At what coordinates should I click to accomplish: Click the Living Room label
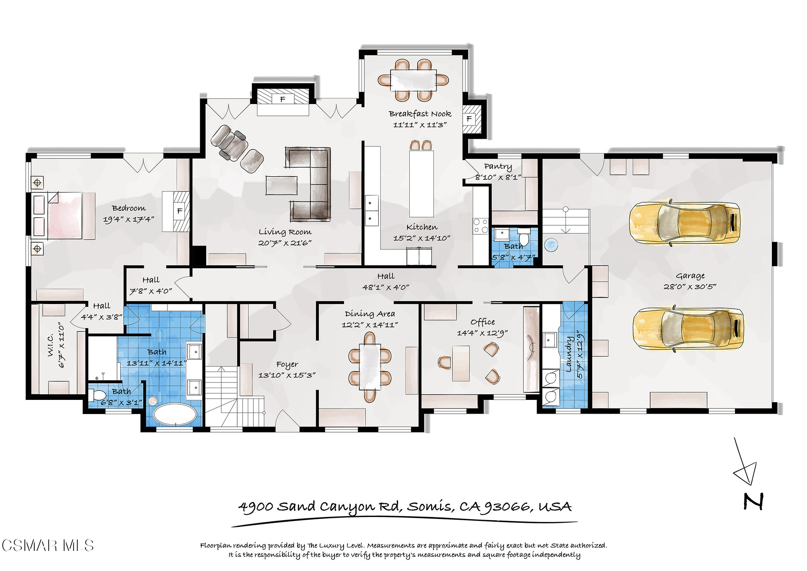point(285,232)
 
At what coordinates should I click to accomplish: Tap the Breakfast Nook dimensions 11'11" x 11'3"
point(420,125)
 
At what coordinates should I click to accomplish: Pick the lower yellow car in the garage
point(688,328)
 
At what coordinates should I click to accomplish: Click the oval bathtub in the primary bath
point(175,414)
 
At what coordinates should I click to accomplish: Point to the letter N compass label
point(753,502)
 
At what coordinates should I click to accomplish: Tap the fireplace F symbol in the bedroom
point(180,211)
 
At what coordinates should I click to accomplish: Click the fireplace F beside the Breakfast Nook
point(469,118)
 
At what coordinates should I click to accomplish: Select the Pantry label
point(498,167)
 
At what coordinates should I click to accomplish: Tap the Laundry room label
point(569,354)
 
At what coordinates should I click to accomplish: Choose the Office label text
point(483,322)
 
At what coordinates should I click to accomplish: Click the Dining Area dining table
point(370,367)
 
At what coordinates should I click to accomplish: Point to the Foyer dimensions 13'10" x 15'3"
point(287,375)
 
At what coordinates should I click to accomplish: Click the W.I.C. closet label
point(51,345)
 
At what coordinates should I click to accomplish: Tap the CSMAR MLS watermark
point(48,546)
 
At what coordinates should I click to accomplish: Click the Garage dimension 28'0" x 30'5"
point(690,287)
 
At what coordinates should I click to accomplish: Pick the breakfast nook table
point(413,80)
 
